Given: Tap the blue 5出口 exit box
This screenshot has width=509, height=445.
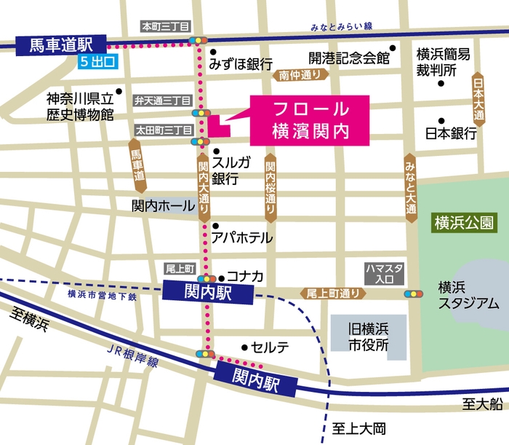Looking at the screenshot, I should pyautogui.click(x=97, y=61).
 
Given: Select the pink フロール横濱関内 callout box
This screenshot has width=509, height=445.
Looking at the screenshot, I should pyautogui.click(x=310, y=119).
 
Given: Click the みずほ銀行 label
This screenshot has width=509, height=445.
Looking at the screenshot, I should pyautogui.click(x=240, y=64).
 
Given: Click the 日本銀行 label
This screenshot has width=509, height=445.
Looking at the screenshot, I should pyautogui.click(x=451, y=133).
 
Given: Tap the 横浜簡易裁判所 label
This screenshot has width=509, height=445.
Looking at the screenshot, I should pyautogui.click(x=443, y=63).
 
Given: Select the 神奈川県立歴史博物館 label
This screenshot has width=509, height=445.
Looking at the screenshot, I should pyautogui.click(x=80, y=106).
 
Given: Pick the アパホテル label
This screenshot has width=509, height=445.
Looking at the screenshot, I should pyautogui.click(x=241, y=237).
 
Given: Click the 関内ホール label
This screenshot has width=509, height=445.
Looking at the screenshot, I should pyautogui.click(x=164, y=206).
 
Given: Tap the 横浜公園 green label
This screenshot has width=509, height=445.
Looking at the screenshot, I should pyautogui.click(x=462, y=221).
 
